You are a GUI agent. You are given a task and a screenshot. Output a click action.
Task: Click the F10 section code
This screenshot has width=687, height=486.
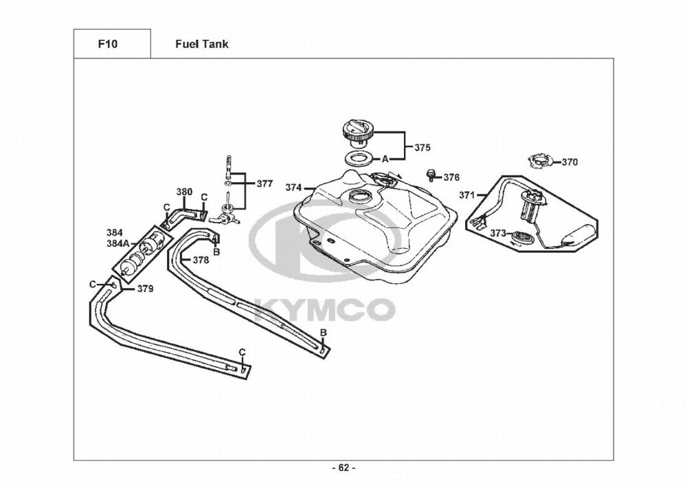[108, 44]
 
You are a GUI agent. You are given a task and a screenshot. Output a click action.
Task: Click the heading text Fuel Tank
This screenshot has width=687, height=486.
[201, 44]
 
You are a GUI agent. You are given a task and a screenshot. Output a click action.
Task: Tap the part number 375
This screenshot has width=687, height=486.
[423, 147]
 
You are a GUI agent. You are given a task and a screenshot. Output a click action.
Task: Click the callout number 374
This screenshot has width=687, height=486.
[293, 188]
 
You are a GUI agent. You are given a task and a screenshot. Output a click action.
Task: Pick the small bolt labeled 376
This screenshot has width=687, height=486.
[431, 175]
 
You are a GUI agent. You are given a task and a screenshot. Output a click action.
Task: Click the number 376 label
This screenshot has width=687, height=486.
[452, 177]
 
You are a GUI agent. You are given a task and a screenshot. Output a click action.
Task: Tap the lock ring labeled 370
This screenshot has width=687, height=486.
[541, 161]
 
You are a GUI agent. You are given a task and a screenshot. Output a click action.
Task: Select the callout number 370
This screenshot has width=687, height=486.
[570, 162]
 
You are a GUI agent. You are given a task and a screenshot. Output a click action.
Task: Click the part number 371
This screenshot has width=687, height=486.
[467, 195]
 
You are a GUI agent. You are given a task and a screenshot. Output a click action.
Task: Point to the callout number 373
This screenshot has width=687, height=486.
[498, 233]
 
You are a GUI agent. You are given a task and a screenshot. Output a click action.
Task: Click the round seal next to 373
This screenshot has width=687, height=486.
[523, 239]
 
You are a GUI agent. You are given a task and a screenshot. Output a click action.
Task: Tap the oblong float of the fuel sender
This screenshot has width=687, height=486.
[578, 234]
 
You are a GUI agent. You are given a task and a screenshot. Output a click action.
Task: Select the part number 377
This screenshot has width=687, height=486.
[264, 184]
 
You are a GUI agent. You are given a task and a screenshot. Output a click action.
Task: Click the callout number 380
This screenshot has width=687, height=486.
[184, 192]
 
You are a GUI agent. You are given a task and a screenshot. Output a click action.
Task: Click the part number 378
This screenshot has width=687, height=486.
[201, 261]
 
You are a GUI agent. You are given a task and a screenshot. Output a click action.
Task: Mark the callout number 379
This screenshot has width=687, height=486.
[146, 289]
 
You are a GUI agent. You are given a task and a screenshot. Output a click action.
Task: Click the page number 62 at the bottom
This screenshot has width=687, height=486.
[344, 468]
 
